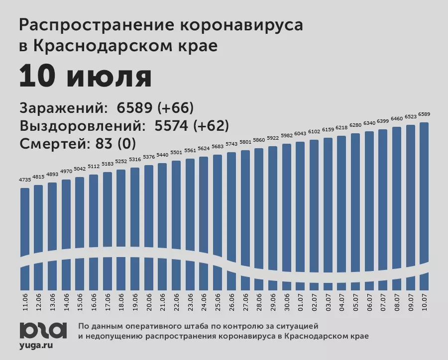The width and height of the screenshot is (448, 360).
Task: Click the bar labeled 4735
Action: (x=25, y=224)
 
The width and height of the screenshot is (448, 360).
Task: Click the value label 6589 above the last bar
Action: (x=424, y=114)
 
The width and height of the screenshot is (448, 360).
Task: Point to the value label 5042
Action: (x=80, y=169)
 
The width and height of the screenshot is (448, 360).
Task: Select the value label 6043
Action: (x=300, y=134)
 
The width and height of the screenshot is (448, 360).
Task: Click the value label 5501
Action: (x=177, y=153)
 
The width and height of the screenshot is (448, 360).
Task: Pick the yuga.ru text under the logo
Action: (x=36, y=345)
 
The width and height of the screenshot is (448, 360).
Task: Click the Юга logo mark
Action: (x=43, y=329)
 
